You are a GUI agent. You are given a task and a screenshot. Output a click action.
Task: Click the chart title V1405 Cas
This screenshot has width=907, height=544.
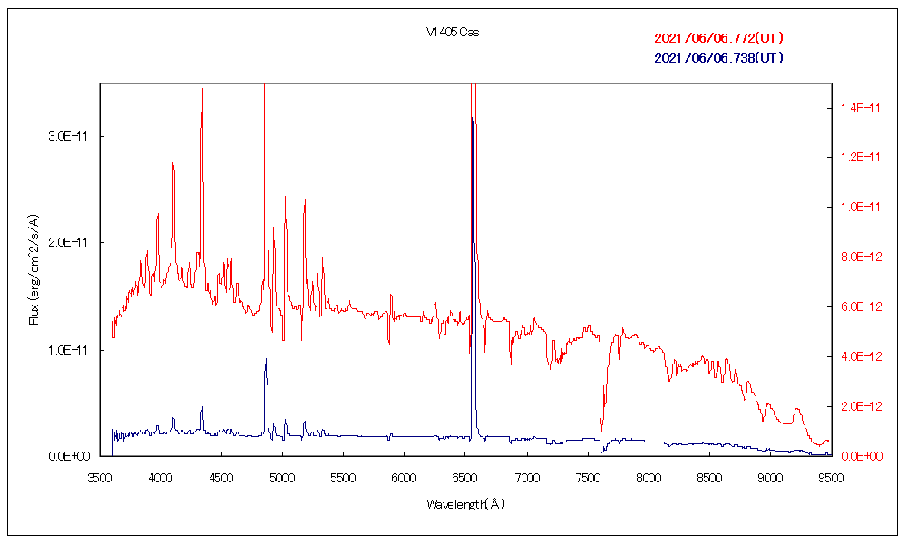coord(453,32)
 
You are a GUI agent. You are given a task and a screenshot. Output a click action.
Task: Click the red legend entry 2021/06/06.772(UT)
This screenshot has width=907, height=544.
coord(718,38)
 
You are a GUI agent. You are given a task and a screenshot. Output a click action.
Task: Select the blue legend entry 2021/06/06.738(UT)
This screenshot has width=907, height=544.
coord(718,58)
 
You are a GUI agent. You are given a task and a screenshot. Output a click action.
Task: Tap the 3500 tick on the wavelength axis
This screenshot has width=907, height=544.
coord(100,474)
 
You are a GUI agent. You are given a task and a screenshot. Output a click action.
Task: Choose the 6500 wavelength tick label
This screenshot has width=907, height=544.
coord(465,474)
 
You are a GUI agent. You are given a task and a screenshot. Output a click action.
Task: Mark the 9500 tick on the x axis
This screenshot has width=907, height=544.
coord(831,474)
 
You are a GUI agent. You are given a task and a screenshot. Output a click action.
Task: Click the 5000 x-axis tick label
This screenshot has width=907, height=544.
coord(282,474)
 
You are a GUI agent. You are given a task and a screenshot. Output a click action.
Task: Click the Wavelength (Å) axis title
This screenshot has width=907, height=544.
coord(465,503)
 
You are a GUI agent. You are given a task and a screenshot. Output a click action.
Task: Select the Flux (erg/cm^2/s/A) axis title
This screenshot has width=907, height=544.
coord(34,269)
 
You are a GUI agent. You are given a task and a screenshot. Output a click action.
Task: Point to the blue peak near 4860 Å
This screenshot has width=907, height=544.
coord(266,360)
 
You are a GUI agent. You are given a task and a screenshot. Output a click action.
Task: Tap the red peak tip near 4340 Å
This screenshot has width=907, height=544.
coord(202,90)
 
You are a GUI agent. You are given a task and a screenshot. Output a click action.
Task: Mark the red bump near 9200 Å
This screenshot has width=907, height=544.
coord(797,410)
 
